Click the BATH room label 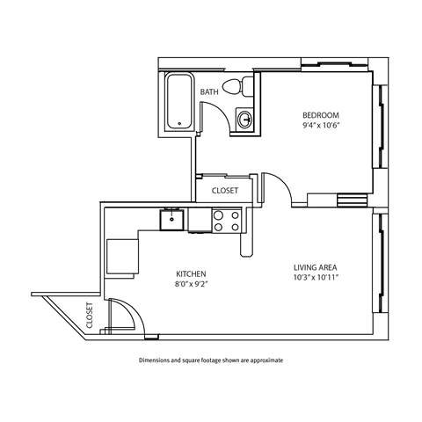pyautogui.click(x=209, y=91)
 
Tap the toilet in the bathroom pyautogui.click(x=238, y=86)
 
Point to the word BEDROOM pyautogui.click(x=320, y=115)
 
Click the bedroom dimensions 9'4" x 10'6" pyautogui.click(x=320, y=126)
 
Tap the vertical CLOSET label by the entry pyautogui.click(x=91, y=314)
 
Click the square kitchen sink pyautogui.click(x=171, y=219)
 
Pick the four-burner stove pyautogui.click(x=226, y=220)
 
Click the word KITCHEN pyautogui.click(x=190, y=274)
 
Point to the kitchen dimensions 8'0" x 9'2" pyautogui.click(x=190, y=285)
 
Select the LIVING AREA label pyautogui.click(x=316, y=267)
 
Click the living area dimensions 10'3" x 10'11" pyautogui.click(x=316, y=278)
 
